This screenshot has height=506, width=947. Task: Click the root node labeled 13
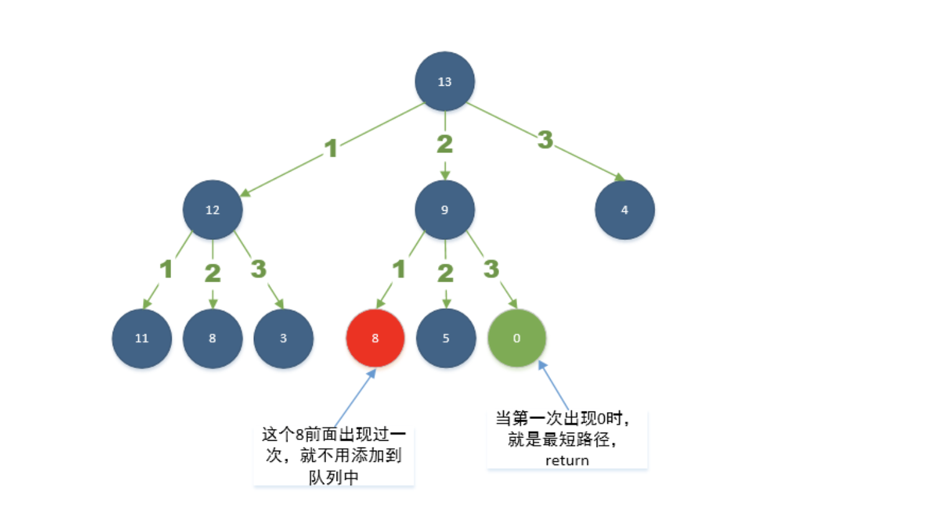point(444,81)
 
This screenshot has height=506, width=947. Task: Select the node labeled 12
point(212,210)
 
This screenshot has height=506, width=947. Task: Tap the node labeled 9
point(444,210)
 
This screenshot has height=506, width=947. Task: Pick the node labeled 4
point(624,210)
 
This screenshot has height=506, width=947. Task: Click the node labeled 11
point(142,338)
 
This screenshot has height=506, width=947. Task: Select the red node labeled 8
point(375,338)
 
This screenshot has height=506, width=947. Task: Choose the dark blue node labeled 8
point(212,338)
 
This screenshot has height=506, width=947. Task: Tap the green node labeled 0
point(516,338)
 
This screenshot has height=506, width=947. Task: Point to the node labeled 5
point(446,338)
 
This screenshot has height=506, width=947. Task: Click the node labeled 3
point(283,338)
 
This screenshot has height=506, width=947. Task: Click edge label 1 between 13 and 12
point(331,148)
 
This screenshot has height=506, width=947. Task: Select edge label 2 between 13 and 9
point(444,144)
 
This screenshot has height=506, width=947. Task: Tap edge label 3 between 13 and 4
point(545,140)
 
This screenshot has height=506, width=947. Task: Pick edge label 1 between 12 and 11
point(166,269)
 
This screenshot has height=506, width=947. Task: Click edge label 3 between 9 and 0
point(492,269)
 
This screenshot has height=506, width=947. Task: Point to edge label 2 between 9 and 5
point(445,273)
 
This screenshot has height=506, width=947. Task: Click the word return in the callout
point(567,461)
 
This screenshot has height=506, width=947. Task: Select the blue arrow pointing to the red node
point(355,398)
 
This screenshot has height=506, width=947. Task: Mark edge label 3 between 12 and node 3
point(258,269)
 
